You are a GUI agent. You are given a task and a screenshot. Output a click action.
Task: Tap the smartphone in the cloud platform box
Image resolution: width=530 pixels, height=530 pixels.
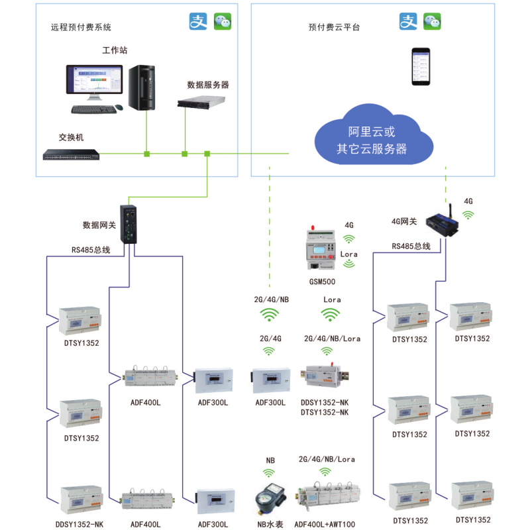point(421,66)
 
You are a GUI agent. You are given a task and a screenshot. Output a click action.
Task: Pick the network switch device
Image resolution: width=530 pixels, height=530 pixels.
point(71,155)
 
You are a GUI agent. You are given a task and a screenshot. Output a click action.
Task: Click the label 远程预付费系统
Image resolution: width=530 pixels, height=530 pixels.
point(81,28)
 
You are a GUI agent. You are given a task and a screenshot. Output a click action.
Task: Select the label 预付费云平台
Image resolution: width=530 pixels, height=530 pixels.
point(335,28)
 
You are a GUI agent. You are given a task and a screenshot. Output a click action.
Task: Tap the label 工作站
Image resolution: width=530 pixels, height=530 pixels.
point(115,50)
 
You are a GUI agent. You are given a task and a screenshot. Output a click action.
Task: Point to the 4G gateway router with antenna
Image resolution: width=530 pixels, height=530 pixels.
point(443,223)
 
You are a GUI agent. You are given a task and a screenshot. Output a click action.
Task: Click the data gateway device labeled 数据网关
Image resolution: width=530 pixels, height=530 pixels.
point(129,224)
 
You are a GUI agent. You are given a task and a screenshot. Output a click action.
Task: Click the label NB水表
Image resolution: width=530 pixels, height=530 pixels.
point(270,524)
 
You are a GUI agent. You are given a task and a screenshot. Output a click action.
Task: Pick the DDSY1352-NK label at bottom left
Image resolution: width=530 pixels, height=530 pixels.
point(79,524)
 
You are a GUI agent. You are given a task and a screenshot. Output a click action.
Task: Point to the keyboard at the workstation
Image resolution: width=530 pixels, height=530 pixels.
point(93,109)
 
